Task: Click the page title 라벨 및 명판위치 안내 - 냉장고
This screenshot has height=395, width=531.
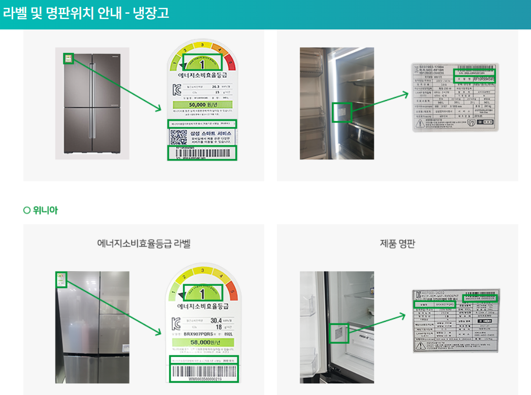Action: (86, 13)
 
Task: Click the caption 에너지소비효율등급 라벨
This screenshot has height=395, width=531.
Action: (144, 243)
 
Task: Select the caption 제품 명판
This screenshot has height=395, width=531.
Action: (397, 243)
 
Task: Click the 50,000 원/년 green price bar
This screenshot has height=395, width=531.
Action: (202, 105)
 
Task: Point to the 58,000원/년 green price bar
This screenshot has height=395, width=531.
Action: (203, 343)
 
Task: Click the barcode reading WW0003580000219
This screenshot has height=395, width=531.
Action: (203, 373)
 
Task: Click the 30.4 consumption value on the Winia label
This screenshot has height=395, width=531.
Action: (216, 320)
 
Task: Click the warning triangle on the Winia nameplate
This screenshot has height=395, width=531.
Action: (421, 346)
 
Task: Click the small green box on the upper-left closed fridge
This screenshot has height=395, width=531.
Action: (69, 59)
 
